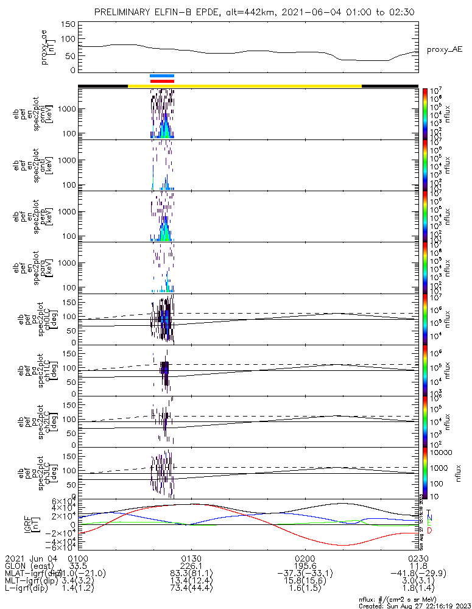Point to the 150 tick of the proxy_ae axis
click(68, 24)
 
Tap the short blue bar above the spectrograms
click(162, 76)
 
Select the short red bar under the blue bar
click(162, 81)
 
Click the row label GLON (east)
click(28, 566)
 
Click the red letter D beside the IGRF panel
click(429, 531)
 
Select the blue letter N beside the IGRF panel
click(429, 518)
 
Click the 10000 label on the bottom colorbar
click(443, 453)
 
